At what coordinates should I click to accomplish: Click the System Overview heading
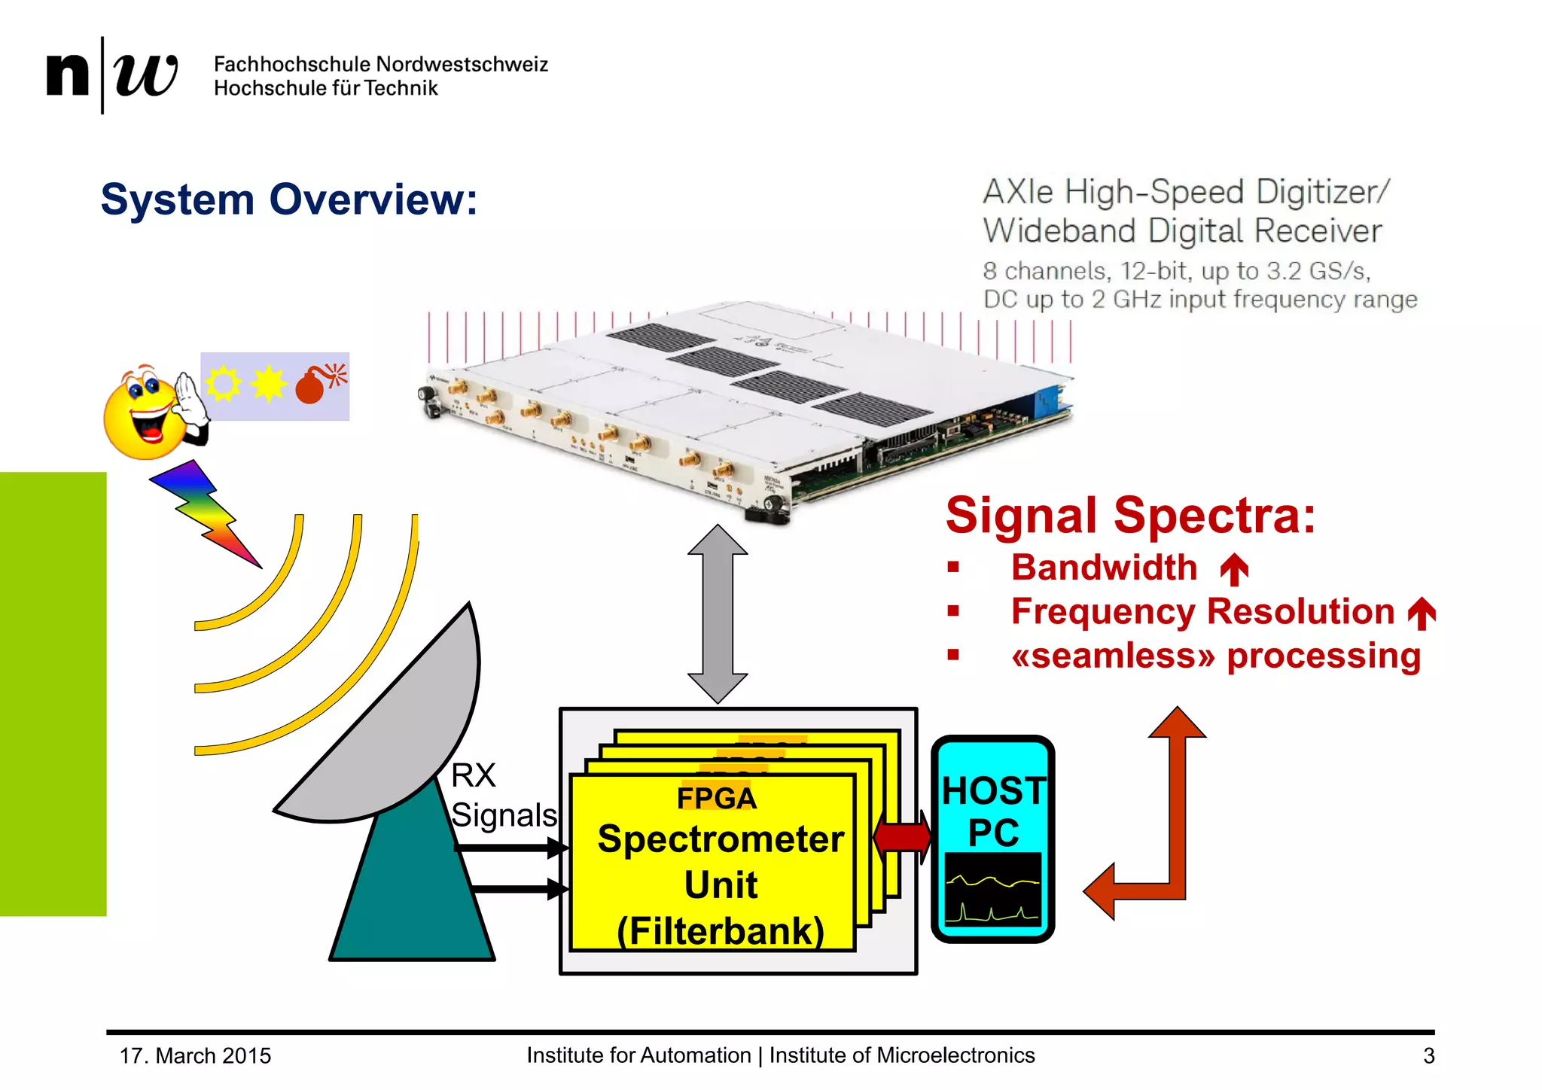point(289,200)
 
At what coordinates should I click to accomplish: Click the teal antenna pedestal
point(410,896)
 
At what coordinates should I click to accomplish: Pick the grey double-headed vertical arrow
point(718,614)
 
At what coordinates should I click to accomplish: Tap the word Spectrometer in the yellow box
point(721,839)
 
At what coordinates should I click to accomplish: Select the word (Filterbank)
point(721,931)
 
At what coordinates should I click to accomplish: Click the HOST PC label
point(993,811)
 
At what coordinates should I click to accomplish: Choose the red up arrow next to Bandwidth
point(1234,569)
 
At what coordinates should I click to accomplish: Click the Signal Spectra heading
point(1130,516)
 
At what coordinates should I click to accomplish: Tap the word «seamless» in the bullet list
point(1113,656)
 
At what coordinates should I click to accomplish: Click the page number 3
point(1428,1056)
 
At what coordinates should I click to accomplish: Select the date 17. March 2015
point(195,1056)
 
